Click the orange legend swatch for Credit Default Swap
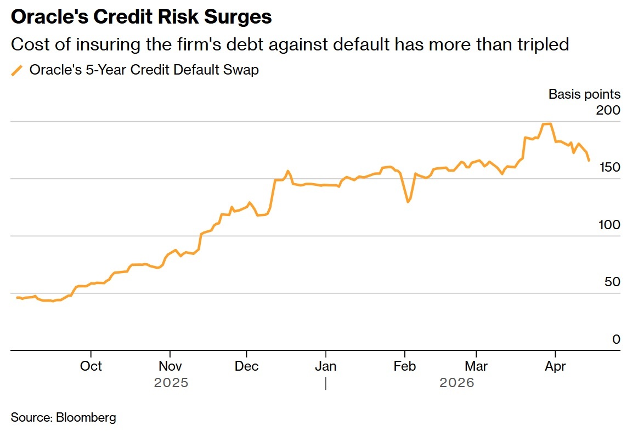pyautogui.click(x=16, y=70)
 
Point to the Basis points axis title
pyautogui.click(x=584, y=94)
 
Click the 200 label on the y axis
pyautogui.click(x=608, y=110)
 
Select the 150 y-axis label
pyautogui.click(x=609, y=167)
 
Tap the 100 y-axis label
pyautogui.click(x=609, y=224)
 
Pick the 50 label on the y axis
pyautogui.click(x=612, y=282)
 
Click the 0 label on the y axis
pyautogui.click(x=617, y=339)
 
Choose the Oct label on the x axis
pyautogui.click(x=91, y=366)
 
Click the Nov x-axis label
pyautogui.click(x=170, y=366)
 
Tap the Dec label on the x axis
pyautogui.click(x=246, y=366)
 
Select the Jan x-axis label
pyautogui.click(x=325, y=366)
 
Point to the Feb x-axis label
pyautogui.click(x=404, y=366)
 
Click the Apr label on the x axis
pyautogui.click(x=555, y=366)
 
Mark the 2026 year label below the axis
pyautogui.click(x=456, y=383)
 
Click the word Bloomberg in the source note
pyautogui.click(x=86, y=418)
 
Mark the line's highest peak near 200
pyautogui.click(x=547, y=124)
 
